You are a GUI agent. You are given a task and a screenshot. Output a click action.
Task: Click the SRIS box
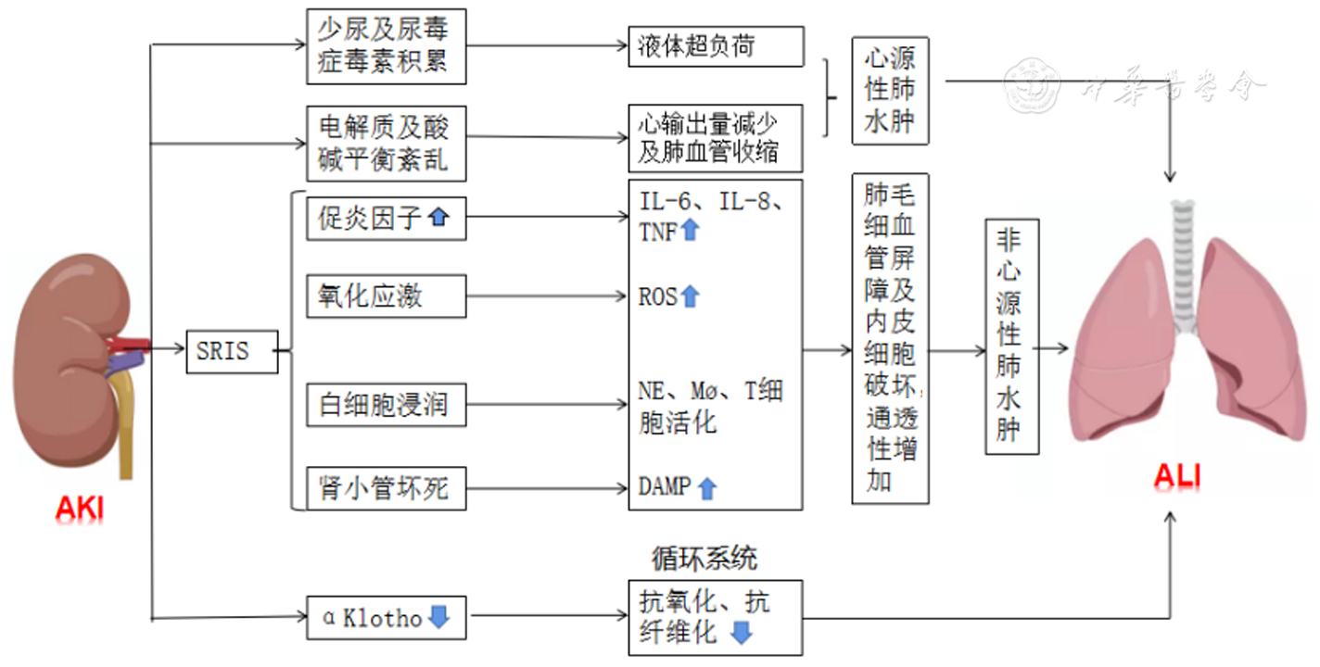[x=232, y=351]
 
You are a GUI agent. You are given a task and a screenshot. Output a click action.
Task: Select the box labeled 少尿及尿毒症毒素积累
[x=386, y=46]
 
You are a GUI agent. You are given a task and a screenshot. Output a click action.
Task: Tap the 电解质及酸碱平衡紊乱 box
[x=386, y=144]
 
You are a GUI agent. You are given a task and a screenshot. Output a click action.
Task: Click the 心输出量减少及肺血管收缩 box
[x=716, y=138]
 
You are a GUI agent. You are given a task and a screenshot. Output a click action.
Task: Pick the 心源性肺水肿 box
[x=890, y=91]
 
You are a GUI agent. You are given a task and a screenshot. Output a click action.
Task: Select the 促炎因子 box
[x=386, y=220]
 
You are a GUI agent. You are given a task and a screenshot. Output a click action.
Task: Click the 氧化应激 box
[x=386, y=296]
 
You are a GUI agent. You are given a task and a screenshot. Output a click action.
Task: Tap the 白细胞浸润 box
[x=386, y=405]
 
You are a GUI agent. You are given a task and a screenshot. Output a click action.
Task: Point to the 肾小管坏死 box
[x=386, y=488]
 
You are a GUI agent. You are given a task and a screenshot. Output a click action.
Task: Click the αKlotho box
[x=386, y=617]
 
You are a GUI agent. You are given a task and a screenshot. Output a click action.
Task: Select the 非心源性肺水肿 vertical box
[x=1011, y=336]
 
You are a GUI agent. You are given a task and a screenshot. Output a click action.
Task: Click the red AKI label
[x=80, y=508]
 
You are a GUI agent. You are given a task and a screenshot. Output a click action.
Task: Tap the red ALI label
[x=1176, y=476]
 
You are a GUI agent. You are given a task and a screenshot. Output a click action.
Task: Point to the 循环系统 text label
[x=704, y=559]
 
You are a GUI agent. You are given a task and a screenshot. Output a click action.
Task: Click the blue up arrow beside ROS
[x=690, y=296]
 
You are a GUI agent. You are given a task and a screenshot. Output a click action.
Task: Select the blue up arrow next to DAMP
[x=707, y=488]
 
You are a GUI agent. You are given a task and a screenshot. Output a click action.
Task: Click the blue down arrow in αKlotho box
[x=438, y=617]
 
